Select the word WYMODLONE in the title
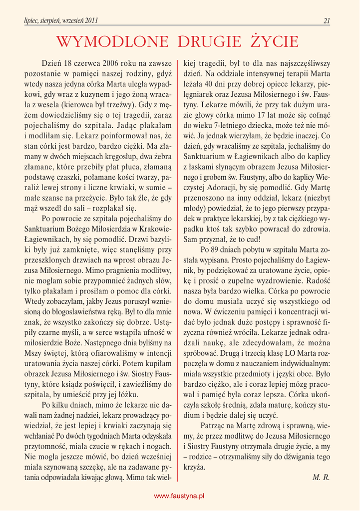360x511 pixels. pyautogui.click(x=115, y=41)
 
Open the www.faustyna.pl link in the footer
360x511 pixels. pyautogui.click(x=180, y=497)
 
